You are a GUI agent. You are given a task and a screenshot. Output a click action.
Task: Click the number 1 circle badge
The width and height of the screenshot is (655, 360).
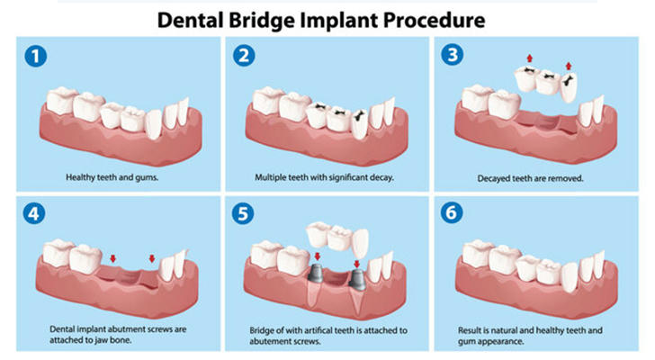click(35, 57)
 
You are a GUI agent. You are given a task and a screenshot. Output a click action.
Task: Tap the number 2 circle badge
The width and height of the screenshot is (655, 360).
click(244, 56)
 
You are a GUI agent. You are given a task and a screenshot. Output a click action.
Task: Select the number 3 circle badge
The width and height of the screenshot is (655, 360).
click(453, 55)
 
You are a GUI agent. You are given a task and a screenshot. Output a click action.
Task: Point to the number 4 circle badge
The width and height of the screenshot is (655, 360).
click(34, 213)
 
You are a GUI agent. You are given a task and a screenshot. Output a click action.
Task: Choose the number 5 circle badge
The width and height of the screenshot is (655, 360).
click(243, 213)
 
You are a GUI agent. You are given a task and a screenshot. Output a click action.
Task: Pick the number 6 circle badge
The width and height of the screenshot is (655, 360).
click(452, 212)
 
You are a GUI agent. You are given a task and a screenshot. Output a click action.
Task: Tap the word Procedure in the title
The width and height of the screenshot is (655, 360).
click(435, 20)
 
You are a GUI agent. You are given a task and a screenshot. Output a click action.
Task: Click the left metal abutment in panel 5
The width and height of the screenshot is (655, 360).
click(316, 273)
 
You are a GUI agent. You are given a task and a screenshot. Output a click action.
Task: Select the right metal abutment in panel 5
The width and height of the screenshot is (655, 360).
click(357, 279)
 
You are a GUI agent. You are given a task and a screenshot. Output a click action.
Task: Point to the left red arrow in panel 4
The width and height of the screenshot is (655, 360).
click(112, 259)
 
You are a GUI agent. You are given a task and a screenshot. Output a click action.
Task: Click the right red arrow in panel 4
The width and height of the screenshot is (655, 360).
click(152, 258)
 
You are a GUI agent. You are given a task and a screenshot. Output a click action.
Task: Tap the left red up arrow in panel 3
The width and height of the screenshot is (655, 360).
click(530, 58)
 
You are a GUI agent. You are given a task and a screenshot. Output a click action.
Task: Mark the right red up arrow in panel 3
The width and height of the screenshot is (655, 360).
click(568, 66)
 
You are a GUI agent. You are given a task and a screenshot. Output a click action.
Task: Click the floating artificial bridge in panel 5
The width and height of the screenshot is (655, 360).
click(337, 238)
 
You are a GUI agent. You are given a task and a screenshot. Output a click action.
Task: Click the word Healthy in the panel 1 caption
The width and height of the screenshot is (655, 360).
click(80, 177)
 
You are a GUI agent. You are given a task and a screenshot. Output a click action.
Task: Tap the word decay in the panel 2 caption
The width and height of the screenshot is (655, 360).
click(382, 177)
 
